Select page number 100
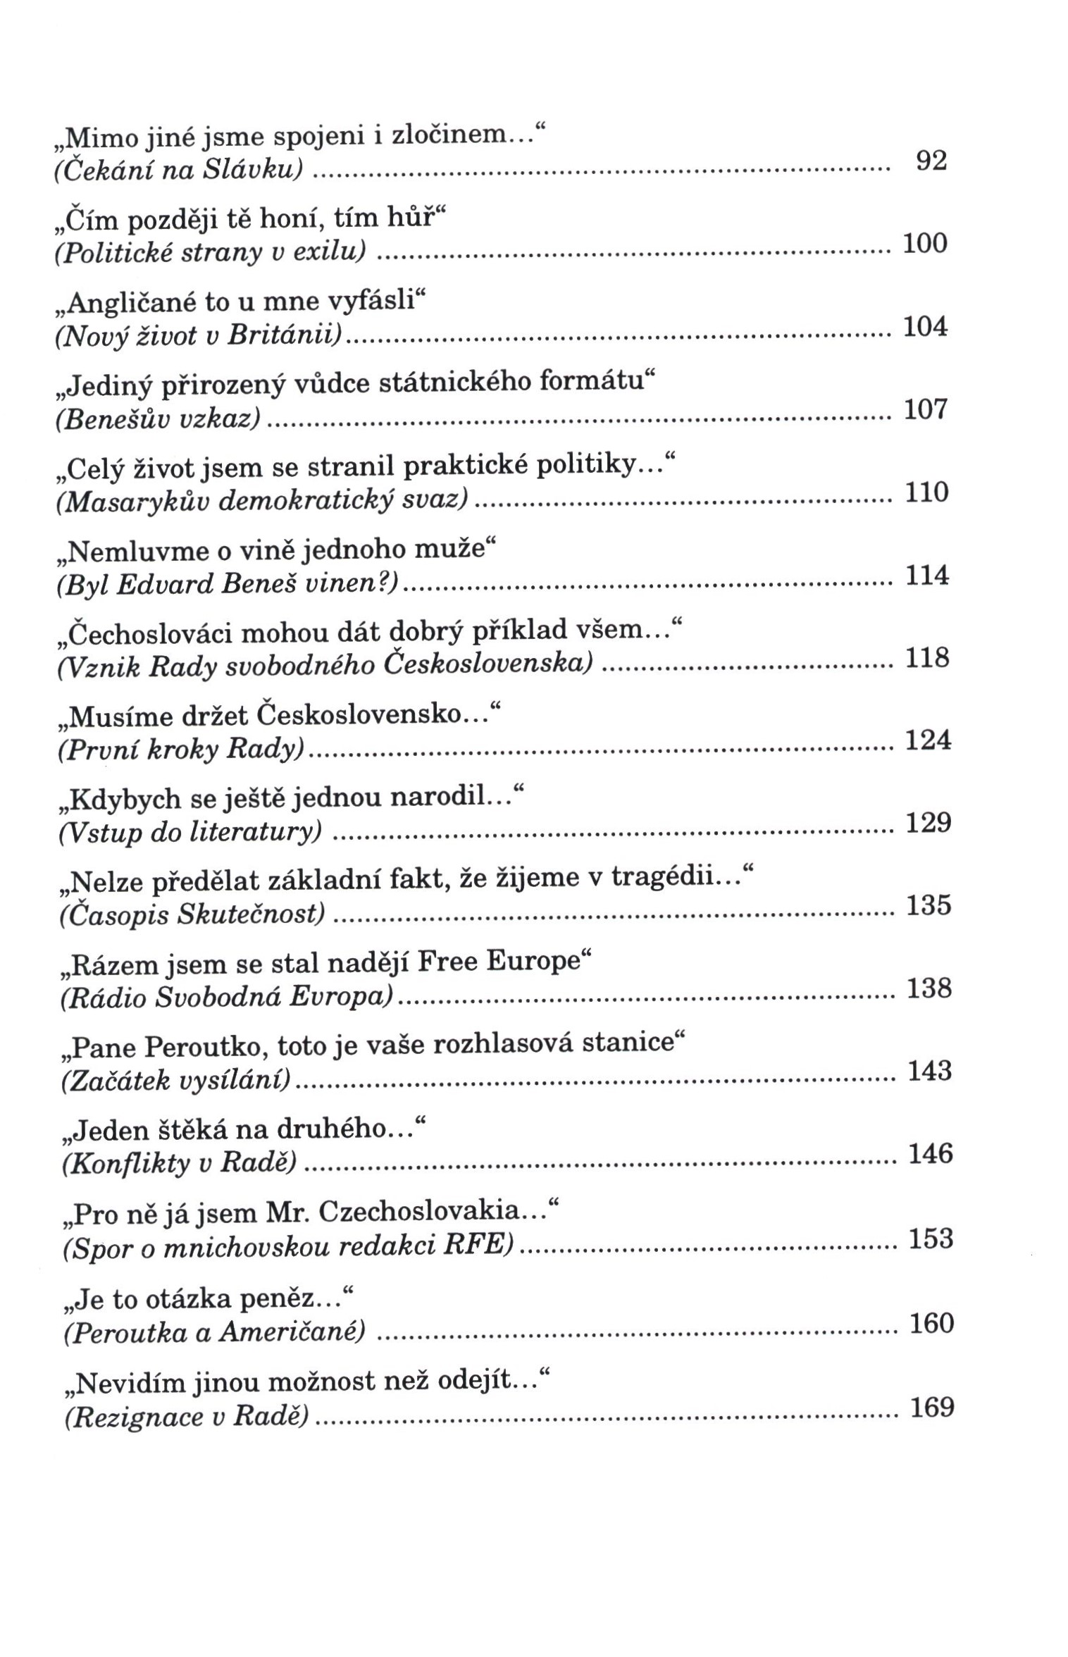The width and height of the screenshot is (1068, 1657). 924,244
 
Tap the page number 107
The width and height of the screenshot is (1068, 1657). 925,409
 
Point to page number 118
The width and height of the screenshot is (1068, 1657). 926,658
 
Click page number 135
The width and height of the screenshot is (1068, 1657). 929,905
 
